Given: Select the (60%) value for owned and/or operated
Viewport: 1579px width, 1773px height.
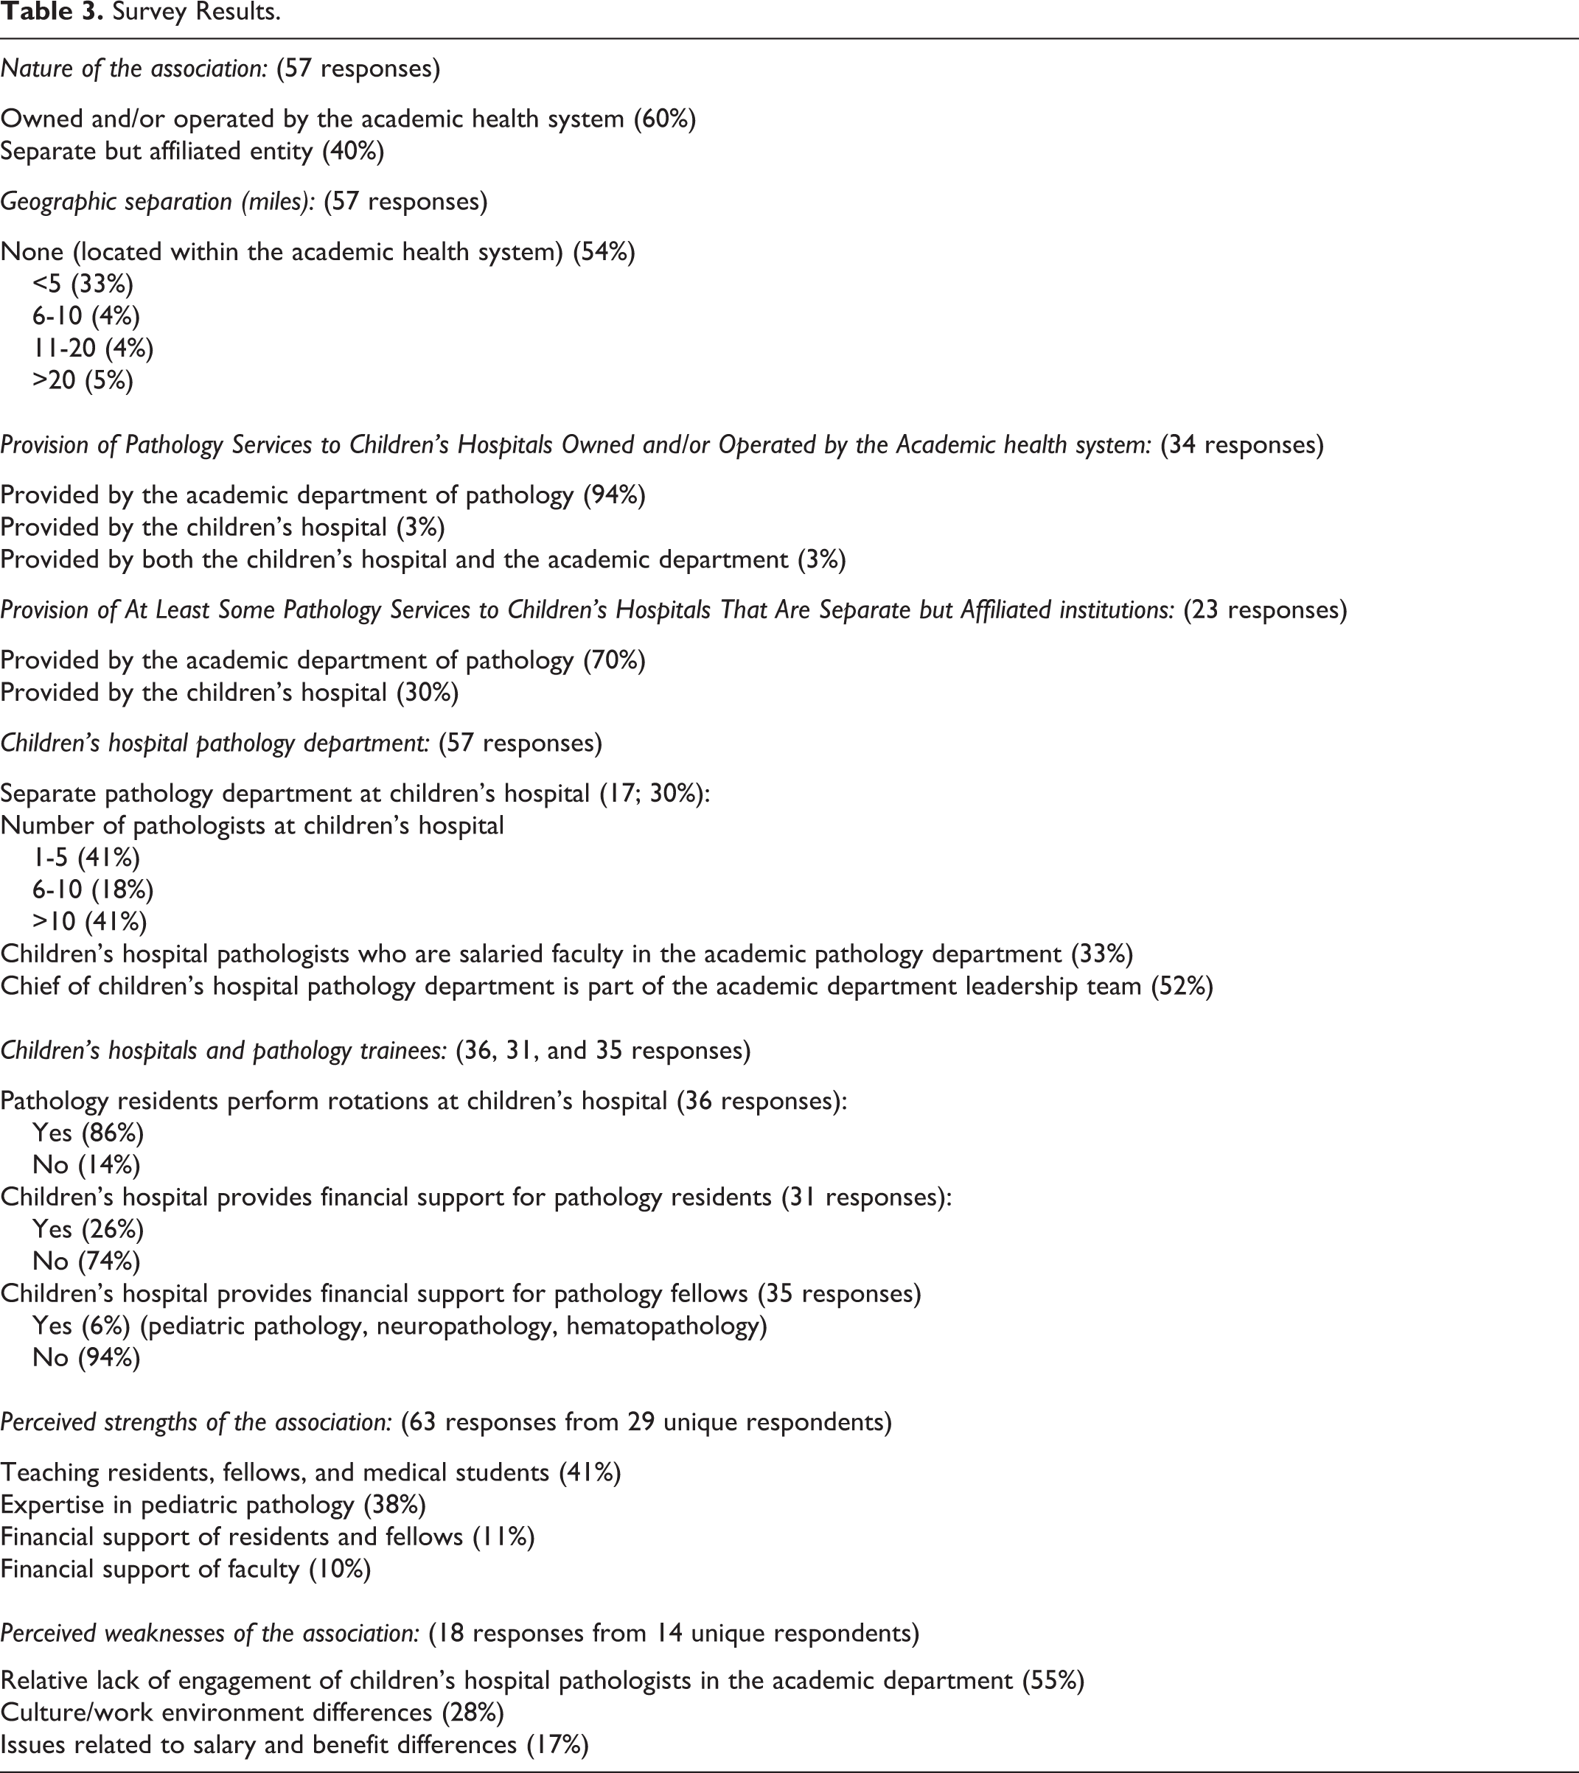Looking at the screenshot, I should [x=665, y=119].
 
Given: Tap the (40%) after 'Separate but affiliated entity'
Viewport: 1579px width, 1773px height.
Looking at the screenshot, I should [x=353, y=151].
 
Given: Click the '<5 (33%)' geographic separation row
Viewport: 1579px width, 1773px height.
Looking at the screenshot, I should [x=83, y=284].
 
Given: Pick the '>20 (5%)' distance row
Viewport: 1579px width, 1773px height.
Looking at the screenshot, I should [x=83, y=381].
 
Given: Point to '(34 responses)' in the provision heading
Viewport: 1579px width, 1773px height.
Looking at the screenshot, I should [x=1242, y=445].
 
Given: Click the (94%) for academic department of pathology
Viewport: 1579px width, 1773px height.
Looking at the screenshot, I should [x=614, y=495].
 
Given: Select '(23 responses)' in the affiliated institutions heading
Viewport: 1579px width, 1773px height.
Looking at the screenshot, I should [x=1265, y=610].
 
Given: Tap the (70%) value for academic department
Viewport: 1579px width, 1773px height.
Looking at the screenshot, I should [x=614, y=661].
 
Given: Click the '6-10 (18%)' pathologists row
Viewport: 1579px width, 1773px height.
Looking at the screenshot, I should [x=93, y=890].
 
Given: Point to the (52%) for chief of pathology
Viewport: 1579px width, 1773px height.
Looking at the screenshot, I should [x=1182, y=986].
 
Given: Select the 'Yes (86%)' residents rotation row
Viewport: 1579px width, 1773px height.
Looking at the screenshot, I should [x=88, y=1133].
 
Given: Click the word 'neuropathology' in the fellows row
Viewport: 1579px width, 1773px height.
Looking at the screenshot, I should [x=466, y=1326].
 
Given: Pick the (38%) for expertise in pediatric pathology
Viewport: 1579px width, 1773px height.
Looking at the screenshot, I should [x=395, y=1505].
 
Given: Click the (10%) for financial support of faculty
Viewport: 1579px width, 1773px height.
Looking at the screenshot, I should [x=340, y=1569].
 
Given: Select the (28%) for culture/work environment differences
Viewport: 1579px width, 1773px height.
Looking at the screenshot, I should [x=473, y=1713].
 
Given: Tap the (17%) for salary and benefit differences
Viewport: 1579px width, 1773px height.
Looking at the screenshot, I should [x=558, y=1745].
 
